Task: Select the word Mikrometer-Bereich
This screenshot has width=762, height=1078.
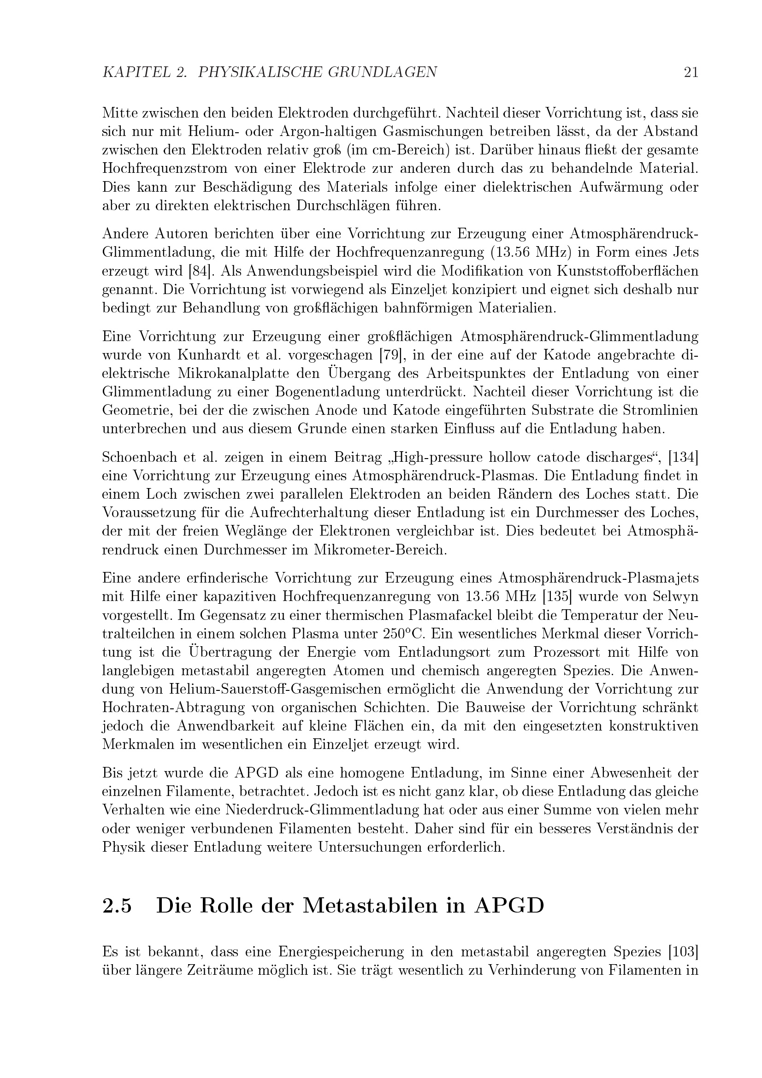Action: tap(384, 550)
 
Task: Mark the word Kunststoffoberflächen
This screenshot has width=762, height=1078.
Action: tap(628, 271)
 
